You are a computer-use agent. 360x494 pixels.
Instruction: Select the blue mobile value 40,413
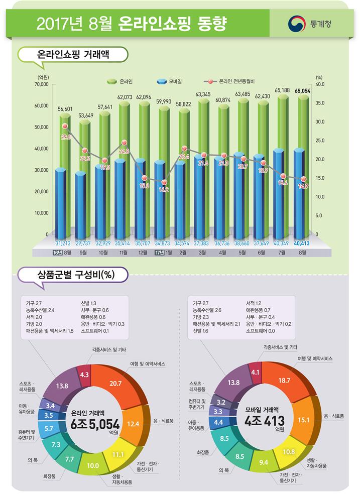tap(302, 243)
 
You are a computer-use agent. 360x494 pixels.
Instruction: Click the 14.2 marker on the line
tap(164, 183)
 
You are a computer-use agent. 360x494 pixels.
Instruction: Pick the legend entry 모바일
tap(169, 81)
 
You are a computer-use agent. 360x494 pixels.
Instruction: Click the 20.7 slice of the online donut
tap(115, 383)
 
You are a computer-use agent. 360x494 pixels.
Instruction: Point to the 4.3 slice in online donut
tap(85, 375)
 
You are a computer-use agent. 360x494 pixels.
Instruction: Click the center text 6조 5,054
tap(95, 424)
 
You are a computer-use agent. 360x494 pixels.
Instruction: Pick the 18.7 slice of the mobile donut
tap(284, 381)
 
